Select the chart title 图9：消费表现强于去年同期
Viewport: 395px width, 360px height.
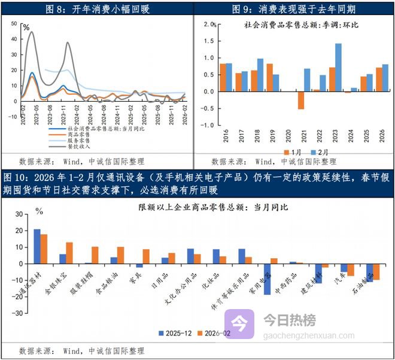[295, 8]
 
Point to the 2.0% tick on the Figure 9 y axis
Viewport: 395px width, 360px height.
[209, 24]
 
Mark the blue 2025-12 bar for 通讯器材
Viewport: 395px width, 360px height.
[37, 246]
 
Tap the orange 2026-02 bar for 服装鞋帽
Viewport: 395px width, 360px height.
[95, 255]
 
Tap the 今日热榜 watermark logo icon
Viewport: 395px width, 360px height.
[239, 324]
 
